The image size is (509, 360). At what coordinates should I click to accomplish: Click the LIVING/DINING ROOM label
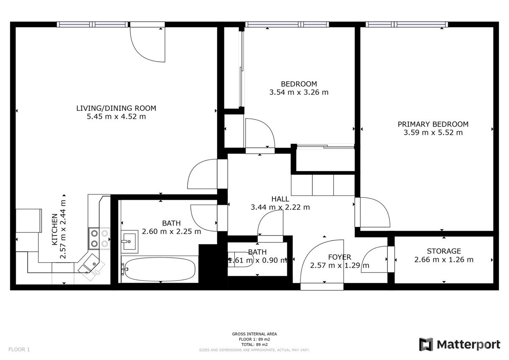pos(116,108)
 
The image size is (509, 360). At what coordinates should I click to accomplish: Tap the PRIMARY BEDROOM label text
pos(433,124)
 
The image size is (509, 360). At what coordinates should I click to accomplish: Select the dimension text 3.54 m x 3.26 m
pos(299,92)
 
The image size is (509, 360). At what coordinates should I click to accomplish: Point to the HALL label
pos(280,199)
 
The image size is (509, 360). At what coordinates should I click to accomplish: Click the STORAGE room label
pos(444,251)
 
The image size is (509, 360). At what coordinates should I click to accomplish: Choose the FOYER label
pos(339,257)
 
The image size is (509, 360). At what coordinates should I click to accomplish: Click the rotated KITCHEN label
pos(55,230)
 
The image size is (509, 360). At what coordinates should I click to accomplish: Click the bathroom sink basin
pos(129,242)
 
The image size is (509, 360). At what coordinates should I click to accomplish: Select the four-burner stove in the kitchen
pos(99,239)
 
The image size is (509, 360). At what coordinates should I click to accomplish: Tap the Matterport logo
pos(460,345)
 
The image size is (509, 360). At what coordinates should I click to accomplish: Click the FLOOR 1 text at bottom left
pos(19,349)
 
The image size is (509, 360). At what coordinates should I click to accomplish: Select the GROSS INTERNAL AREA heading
pos(254,334)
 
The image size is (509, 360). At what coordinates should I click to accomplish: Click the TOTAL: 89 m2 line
pos(254,345)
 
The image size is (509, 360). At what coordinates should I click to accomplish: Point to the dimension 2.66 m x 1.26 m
pos(444,259)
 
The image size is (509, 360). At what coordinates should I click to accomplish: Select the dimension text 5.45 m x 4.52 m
pos(116,116)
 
